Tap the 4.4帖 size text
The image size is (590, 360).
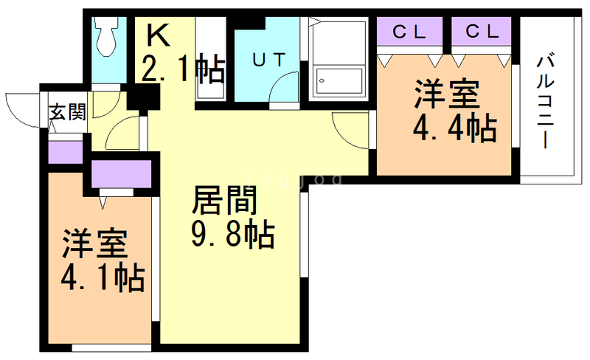click(x=453, y=130)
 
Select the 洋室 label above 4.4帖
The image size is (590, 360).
click(x=446, y=95)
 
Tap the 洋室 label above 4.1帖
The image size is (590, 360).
click(x=94, y=243)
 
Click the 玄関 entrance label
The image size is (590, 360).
click(x=68, y=112)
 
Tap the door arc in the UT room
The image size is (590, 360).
click(x=283, y=92)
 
